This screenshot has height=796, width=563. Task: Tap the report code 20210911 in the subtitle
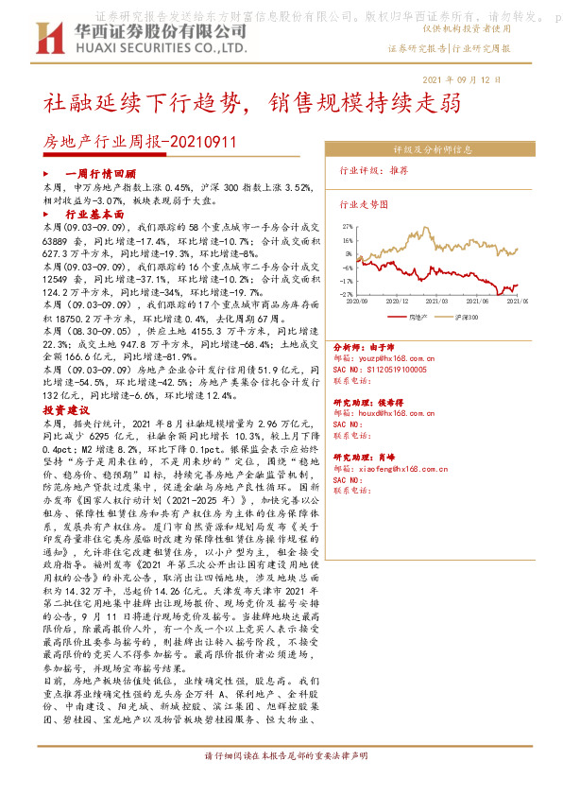tap(205, 143)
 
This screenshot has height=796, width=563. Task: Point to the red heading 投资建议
tap(66, 411)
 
